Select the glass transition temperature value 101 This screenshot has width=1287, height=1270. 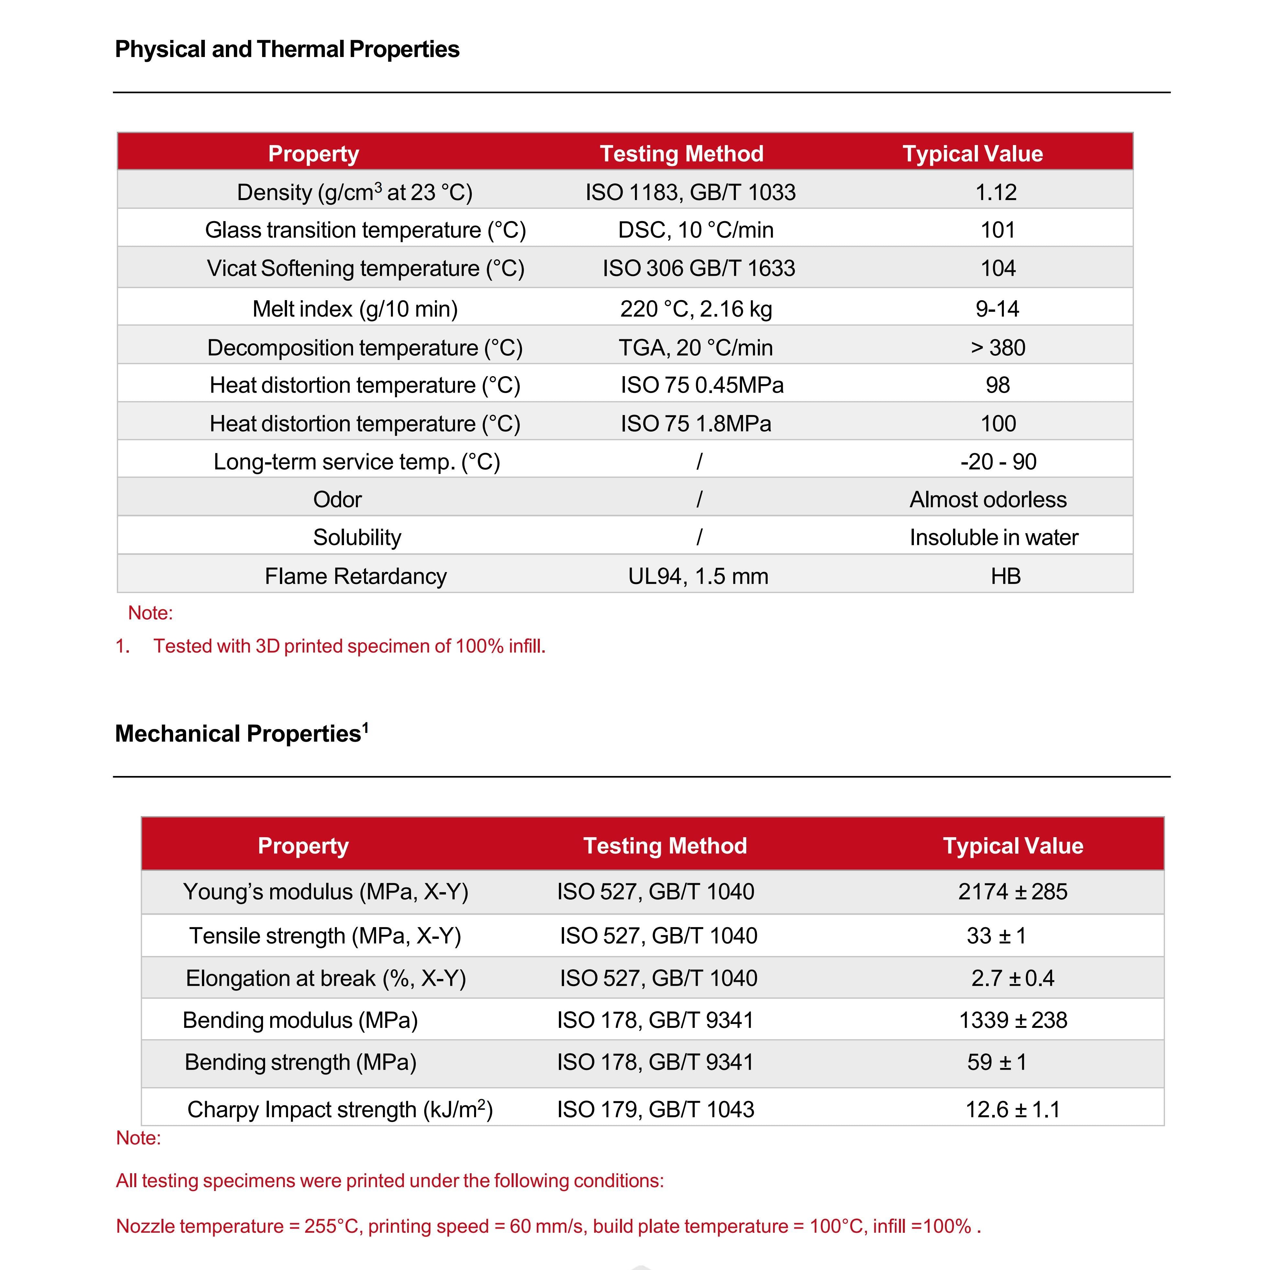point(997,230)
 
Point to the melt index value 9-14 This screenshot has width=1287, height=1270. point(997,309)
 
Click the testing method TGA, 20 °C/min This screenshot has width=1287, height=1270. point(695,347)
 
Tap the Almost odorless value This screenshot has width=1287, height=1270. point(988,499)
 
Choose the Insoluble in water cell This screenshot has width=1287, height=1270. point(993,537)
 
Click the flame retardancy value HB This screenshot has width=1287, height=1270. point(1005,576)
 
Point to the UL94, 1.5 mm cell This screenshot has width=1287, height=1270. point(698,576)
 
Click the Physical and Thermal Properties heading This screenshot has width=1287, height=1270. point(287,49)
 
